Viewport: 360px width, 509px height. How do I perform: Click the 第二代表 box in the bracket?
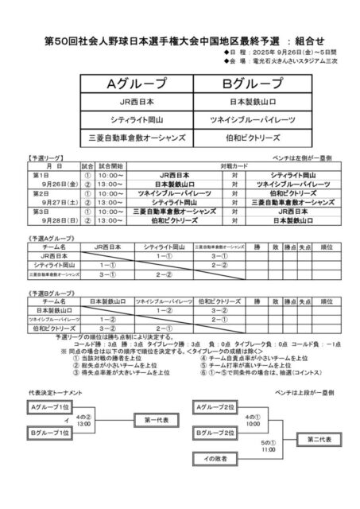[312, 438]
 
